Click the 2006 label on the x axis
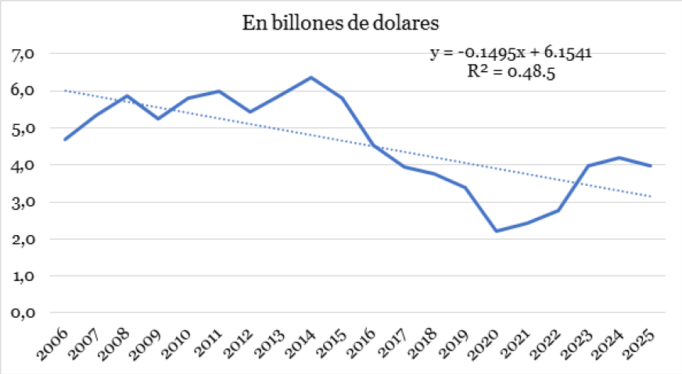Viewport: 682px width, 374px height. point(52,341)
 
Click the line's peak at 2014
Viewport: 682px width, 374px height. point(311,77)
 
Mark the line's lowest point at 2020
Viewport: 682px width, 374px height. point(497,231)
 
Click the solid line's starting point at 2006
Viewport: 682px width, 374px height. point(65,140)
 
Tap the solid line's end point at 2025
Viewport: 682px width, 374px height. point(651,166)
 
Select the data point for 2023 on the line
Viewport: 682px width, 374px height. point(589,166)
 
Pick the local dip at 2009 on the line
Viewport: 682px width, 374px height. point(157,119)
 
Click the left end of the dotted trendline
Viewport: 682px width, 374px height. point(65,91)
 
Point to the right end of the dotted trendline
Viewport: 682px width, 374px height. point(651,196)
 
